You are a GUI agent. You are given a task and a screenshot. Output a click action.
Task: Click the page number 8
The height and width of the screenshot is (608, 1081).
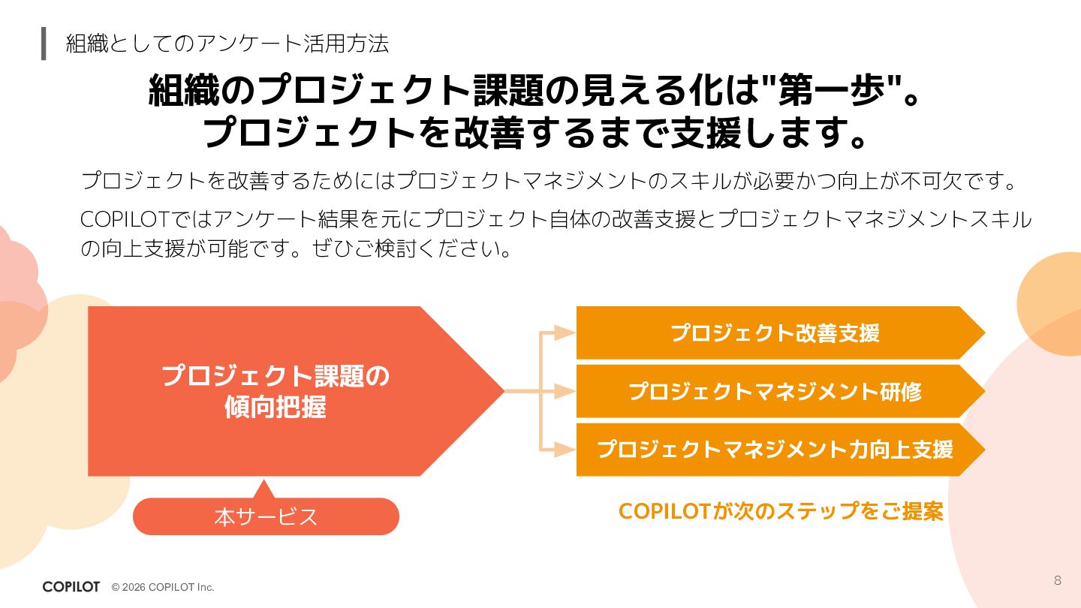pyautogui.click(x=1058, y=580)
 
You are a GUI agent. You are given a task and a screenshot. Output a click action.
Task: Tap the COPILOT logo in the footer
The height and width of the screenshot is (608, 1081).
pyautogui.click(x=71, y=587)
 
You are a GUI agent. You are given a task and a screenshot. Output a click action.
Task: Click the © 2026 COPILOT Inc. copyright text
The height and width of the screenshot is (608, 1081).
pyautogui.click(x=163, y=587)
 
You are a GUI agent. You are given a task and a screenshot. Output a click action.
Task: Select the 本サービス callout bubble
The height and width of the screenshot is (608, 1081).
pyautogui.click(x=266, y=517)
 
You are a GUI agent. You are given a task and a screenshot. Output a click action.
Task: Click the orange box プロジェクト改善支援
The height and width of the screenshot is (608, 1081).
pyautogui.click(x=775, y=333)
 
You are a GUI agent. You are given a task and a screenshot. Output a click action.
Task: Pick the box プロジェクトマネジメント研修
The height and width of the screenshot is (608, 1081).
pyautogui.click(x=775, y=391)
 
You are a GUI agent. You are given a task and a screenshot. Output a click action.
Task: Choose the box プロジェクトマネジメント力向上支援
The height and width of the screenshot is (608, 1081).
pyautogui.click(x=775, y=449)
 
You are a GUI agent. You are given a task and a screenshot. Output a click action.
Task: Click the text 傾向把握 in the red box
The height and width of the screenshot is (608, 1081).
pyautogui.click(x=275, y=407)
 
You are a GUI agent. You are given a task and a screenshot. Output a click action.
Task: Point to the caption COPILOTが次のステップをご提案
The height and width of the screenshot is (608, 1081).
pyautogui.click(x=781, y=511)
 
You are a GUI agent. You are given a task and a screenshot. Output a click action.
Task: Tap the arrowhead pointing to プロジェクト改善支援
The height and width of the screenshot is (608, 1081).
pyautogui.click(x=565, y=333)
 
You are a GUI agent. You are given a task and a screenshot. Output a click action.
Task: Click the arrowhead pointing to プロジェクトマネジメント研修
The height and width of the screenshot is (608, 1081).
pyautogui.click(x=565, y=391)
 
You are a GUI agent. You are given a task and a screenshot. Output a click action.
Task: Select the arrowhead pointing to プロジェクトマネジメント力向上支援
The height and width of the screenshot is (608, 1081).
pyautogui.click(x=565, y=449)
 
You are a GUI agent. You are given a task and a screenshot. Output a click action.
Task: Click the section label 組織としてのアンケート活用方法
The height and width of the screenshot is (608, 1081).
pyautogui.click(x=227, y=44)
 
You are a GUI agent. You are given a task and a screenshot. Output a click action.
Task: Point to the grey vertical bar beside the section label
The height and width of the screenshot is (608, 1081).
pyautogui.click(x=44, y=44)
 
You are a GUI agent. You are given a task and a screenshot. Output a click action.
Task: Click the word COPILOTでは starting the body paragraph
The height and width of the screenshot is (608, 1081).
pyautogui.click(x=135, y=219)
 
